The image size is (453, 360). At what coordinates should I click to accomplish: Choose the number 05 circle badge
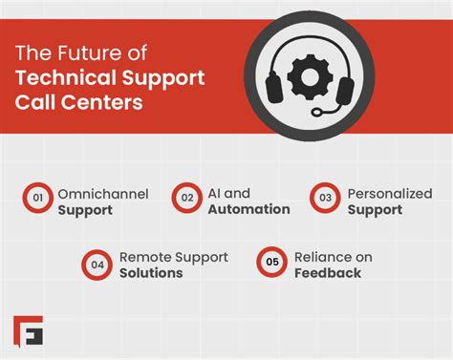[271, 265]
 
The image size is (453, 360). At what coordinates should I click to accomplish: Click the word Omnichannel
[102, 194]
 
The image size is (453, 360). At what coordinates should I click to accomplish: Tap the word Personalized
[391, 194]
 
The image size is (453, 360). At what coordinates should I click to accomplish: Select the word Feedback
[329, 273]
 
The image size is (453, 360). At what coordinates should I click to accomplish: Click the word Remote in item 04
[145, 257]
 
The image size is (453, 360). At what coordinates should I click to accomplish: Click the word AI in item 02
[215, 194]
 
